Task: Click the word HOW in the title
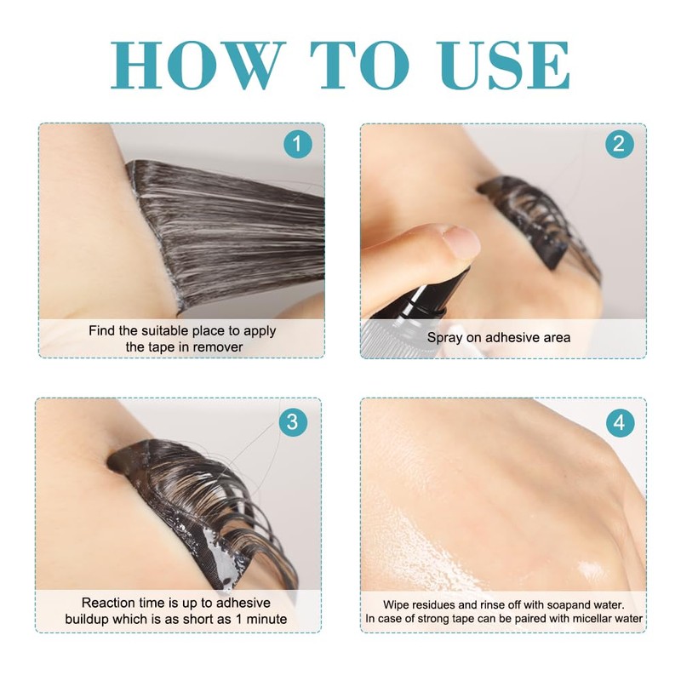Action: click(x=198, y=65)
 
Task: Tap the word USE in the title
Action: click(x=504, y=65)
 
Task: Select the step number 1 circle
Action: click(x=298, y=143)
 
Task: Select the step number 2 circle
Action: click(x=620, y=143)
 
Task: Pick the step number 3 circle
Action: click(x=293, y=421)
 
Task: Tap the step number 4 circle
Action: click(x=620, y=422)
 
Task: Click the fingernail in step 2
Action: click(x=462, y=240)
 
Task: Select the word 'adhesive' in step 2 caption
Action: click(x=510, y=337)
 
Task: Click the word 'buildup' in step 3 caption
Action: click(x=88, y=620)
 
